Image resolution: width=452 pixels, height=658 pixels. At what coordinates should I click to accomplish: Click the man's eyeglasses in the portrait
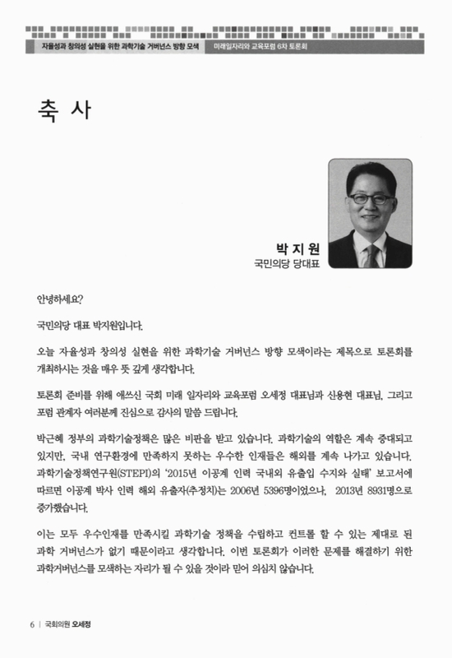tap(365, 197)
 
